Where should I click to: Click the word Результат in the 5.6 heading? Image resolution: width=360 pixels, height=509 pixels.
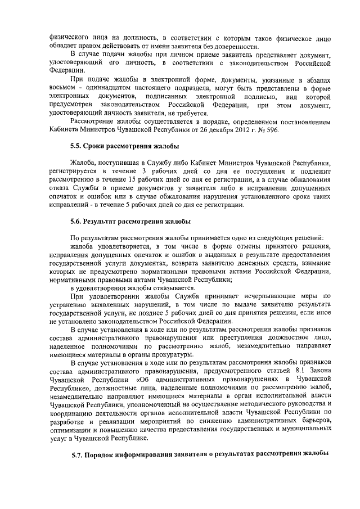tap(107, 222)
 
